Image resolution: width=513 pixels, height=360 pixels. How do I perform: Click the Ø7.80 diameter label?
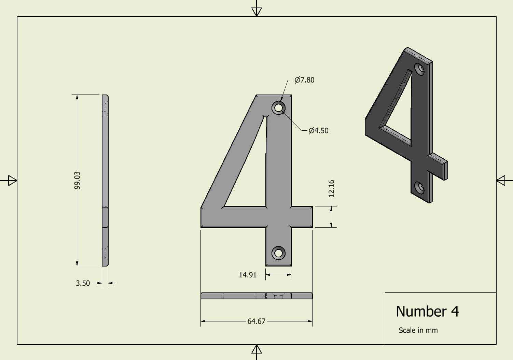304,80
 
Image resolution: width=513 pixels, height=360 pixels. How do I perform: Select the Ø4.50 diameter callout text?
318,131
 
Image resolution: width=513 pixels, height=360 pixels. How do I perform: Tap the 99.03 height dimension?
78,180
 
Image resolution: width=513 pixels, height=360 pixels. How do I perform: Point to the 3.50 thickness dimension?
83,283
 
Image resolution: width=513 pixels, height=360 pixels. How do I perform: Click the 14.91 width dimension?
247,275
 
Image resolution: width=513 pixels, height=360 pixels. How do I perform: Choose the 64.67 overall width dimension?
256,321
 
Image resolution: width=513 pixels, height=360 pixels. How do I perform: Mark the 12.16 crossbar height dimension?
331,188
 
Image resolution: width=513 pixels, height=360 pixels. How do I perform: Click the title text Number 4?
427,312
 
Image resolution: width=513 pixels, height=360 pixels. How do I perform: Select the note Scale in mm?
418,330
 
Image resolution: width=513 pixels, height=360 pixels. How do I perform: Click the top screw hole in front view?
278,108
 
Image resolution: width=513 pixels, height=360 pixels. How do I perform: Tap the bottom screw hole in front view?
278,253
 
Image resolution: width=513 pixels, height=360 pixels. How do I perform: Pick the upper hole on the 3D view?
420,69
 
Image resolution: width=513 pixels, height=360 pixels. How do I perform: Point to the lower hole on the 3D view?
419,187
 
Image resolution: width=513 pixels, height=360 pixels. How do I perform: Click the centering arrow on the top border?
256,12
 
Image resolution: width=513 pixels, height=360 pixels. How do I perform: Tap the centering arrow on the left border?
12,180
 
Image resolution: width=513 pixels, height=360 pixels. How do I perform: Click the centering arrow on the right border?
501,180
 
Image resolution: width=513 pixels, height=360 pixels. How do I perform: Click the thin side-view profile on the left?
105,180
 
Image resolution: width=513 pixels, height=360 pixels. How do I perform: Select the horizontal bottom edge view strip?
256,296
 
